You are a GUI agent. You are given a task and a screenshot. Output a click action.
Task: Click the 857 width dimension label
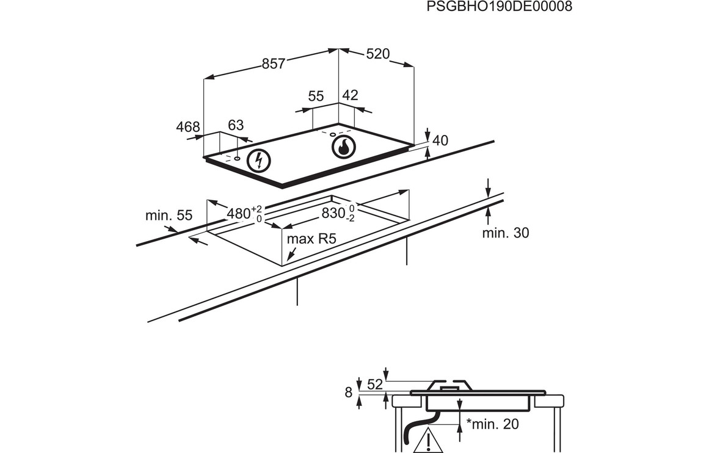[x=274, y=63]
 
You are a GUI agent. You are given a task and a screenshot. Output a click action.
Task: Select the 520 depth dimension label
[x=377, y=54]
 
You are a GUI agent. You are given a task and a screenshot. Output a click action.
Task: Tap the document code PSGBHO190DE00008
[x=499, y=7]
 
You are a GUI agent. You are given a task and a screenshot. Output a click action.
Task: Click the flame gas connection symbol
[x=343, y=147]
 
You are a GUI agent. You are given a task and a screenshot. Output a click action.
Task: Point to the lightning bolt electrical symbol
[x=260, y=161]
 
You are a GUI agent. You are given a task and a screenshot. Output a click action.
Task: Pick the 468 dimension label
[x=188, y=127]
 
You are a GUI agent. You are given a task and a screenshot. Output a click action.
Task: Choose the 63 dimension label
[x=236, y=125]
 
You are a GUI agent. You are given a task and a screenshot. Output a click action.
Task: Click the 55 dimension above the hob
[x=316, y=96]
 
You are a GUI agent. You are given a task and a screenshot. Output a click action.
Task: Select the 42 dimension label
[x=350, y=95]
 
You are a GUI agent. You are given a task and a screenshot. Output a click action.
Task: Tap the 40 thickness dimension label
[x=440, y=140]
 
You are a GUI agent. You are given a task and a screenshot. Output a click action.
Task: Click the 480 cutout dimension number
[x=238, y=214]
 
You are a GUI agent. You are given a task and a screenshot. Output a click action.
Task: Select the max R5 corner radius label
[x=311, y=239]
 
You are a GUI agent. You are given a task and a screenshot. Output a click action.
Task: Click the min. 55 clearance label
[x=169, y=216]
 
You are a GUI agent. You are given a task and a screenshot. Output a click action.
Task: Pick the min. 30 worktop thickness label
[x=505, y=233]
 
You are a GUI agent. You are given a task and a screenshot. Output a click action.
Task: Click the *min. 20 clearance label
[x=492, y=424]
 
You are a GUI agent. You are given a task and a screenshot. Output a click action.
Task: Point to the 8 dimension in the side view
[x=349, y=393]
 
